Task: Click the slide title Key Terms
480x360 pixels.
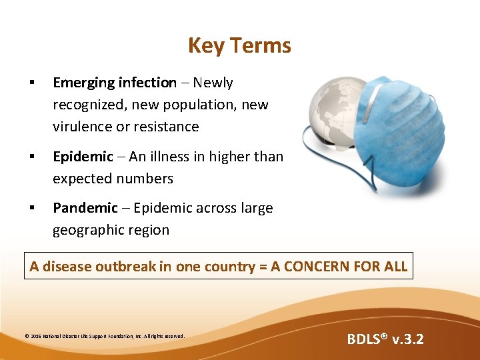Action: click(239, 45)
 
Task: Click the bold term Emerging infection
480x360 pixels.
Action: click(115, 83)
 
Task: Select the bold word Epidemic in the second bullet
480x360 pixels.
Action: click(83, 157)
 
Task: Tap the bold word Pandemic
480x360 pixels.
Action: click(85, 208)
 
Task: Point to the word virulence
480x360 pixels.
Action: click(83, 127)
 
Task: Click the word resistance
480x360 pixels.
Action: click(166, 127)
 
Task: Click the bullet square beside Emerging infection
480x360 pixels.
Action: click(31, 83)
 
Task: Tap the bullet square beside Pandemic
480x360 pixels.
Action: click(31, 208)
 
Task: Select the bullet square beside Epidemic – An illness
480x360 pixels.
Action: click(31, 157)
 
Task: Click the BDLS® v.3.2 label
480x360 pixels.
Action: click(385, 339)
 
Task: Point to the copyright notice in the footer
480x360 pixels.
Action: click(105, 336)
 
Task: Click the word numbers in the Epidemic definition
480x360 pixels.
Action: click(145, 179)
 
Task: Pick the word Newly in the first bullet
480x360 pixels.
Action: click(213, 83)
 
